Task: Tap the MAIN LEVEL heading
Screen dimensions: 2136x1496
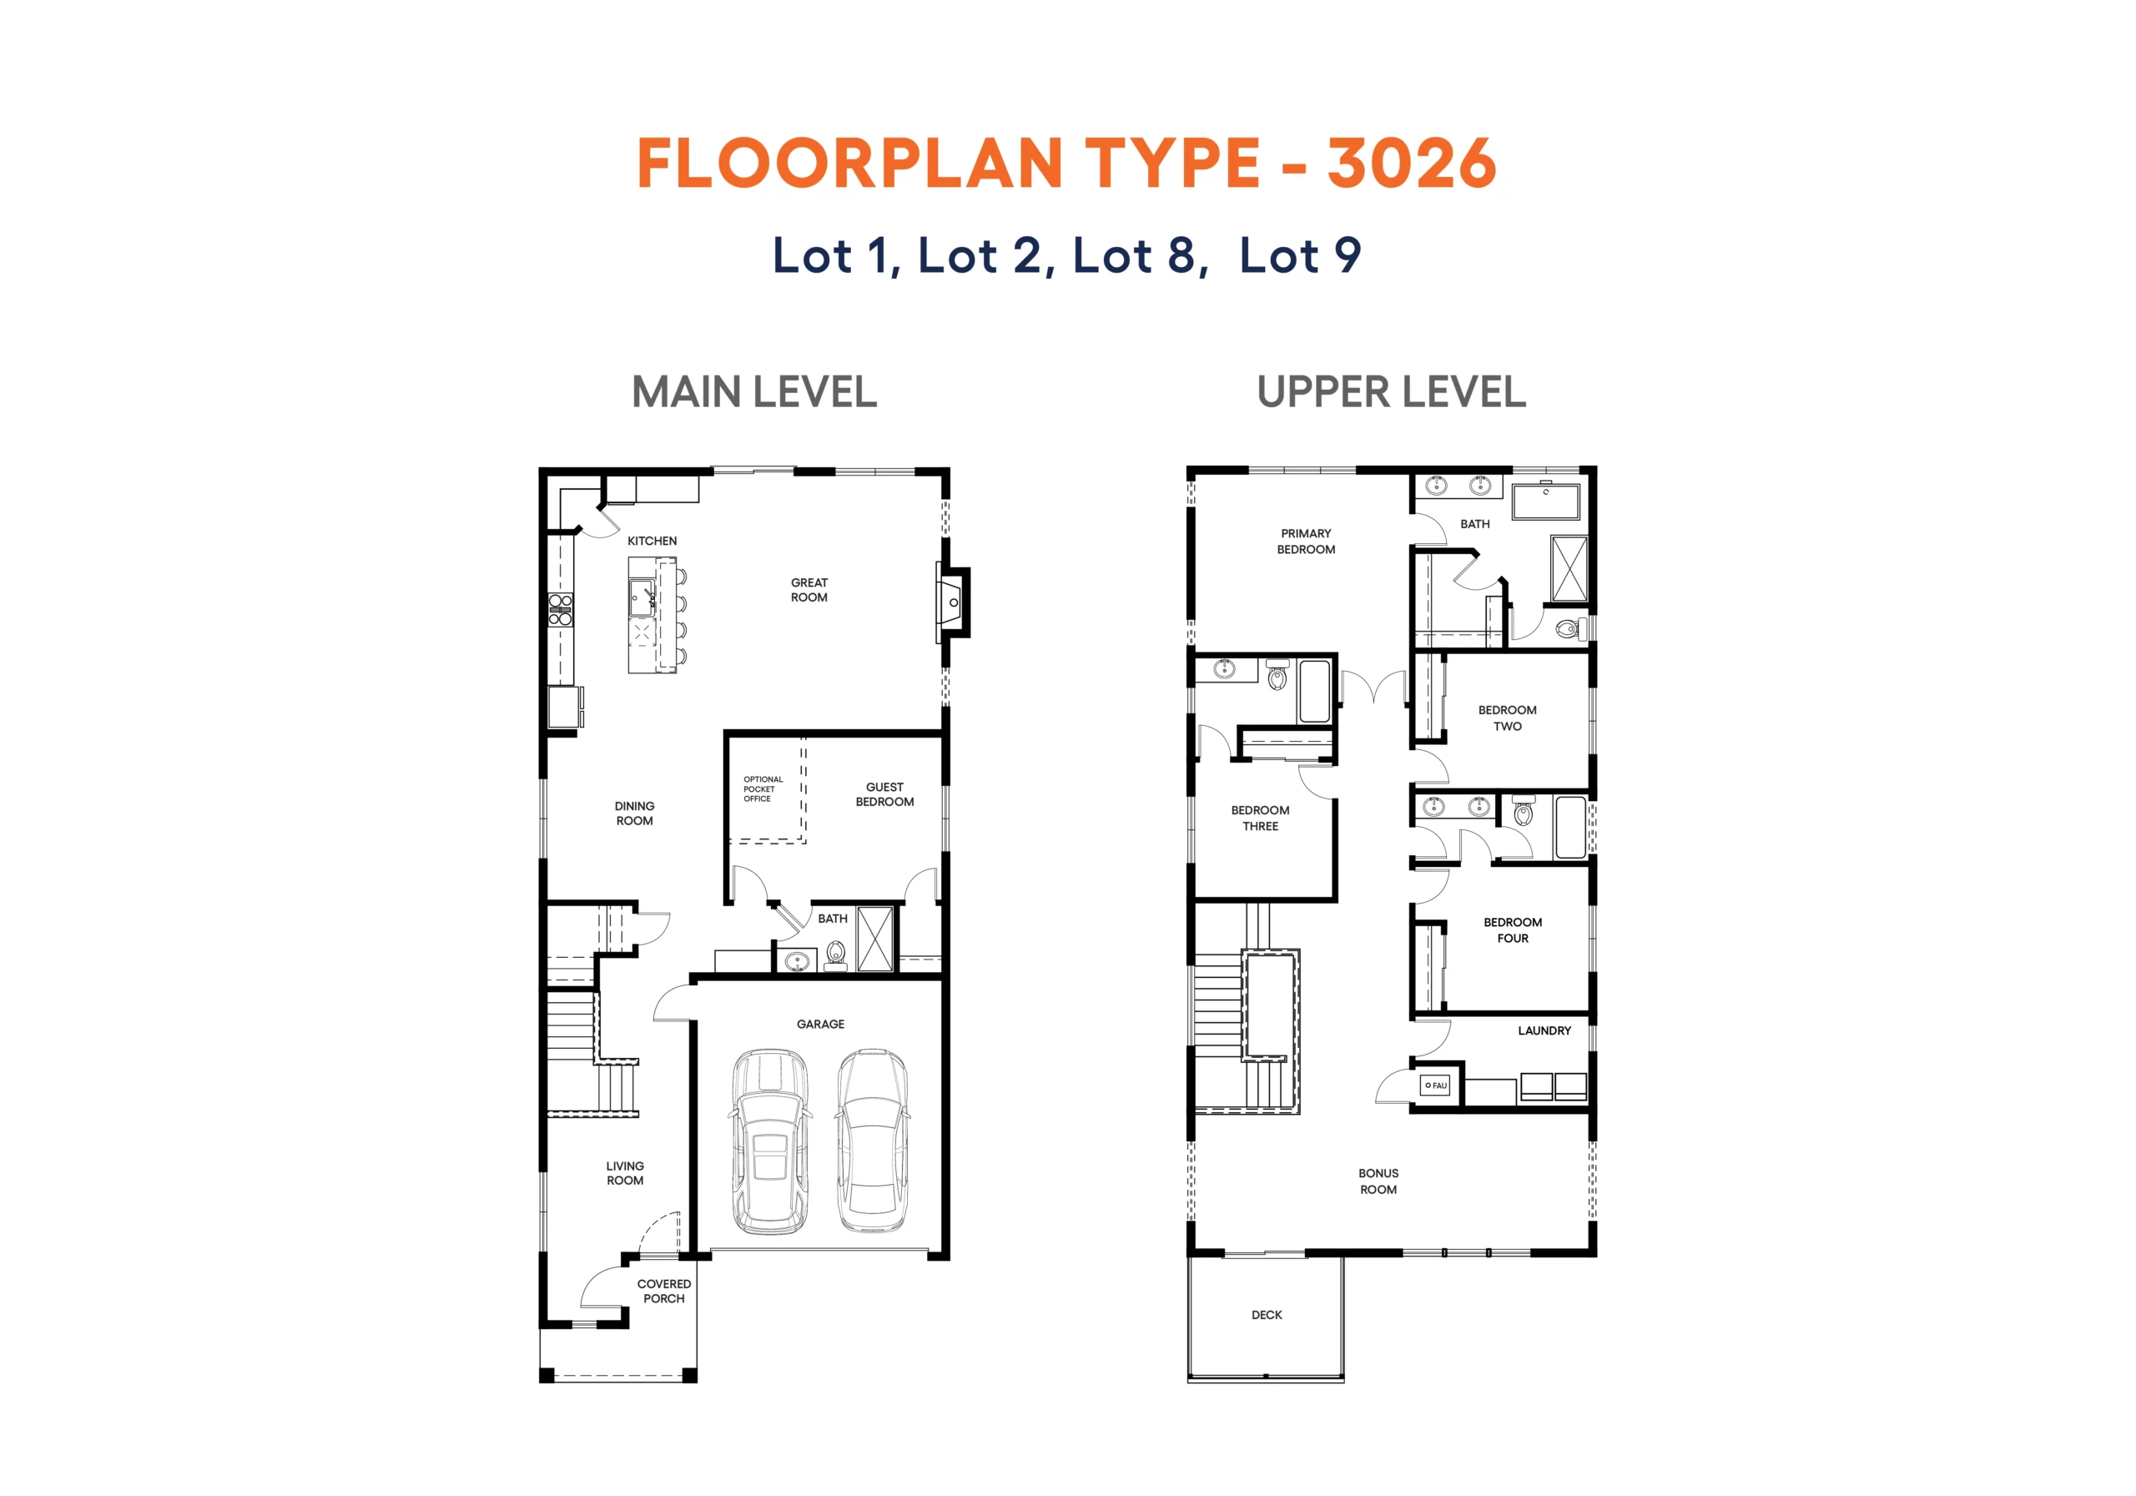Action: [754, 391]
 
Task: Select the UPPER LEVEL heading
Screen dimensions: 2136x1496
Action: [1391, 391]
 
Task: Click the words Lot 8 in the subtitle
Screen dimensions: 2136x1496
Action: [1140, 255]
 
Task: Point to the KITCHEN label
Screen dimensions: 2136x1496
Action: [652, 541]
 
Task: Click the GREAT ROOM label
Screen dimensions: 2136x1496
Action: [809, 590]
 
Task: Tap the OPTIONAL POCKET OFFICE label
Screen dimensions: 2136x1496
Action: [763, 789]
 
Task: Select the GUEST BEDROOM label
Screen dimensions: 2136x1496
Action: [884, 793]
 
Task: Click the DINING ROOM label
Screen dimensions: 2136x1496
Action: [634, 813]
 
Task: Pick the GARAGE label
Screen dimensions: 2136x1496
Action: [820, 1025]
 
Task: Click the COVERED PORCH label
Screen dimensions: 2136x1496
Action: [664, 1292]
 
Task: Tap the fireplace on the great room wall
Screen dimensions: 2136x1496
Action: [952, 603]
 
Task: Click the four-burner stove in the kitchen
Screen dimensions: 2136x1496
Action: [560, 609]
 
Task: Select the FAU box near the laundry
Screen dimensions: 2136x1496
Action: [1435, 1085]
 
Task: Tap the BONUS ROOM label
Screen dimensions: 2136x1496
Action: [1378, 1181]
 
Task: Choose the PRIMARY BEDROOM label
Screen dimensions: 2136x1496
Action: [1306, 541]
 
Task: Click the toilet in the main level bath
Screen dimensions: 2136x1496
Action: [835, 955]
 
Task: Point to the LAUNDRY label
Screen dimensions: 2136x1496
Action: [1544, 1030]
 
